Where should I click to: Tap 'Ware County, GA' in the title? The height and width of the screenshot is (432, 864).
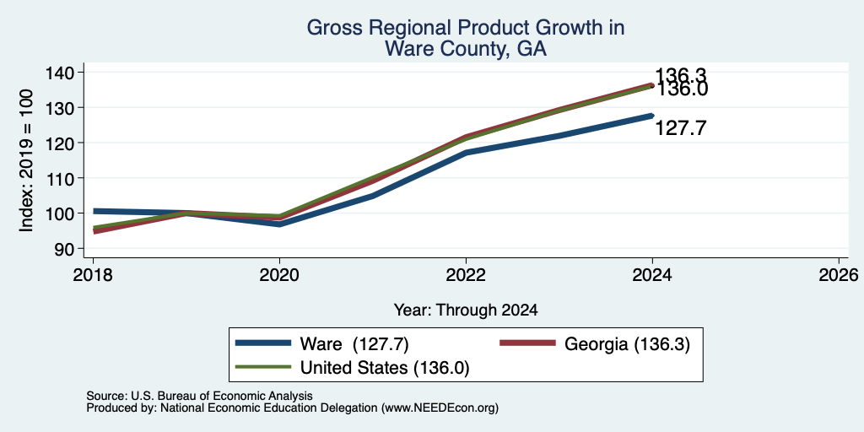click(x=466, y=49)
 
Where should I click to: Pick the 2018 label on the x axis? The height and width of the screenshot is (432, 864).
click(x=93, y=274)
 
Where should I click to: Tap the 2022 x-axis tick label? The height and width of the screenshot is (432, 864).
click(x=466, y=274)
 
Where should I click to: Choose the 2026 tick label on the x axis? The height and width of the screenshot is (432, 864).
click(x=839, y=274)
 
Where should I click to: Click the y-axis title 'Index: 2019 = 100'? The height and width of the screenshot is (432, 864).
click(x=27, y=160)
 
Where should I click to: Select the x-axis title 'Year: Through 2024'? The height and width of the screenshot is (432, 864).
click(x=466, y=310)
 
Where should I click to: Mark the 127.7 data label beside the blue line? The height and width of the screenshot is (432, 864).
click(x=681, y=128)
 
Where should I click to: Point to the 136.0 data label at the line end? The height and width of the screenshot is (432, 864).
click(x=682, y=89)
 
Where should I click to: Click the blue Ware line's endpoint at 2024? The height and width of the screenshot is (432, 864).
click(x=652, y=116)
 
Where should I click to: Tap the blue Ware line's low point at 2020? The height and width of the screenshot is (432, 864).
click(x=279, y=224)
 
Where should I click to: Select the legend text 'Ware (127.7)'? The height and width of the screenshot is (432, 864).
click(x=354, y=344)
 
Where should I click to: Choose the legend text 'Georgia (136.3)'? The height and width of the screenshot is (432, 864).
click(x=627, y=344)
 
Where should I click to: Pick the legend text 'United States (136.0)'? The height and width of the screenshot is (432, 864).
click(x=385, y=368)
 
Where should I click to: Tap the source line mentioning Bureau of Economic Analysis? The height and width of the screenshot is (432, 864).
click(x=199, y=396)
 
